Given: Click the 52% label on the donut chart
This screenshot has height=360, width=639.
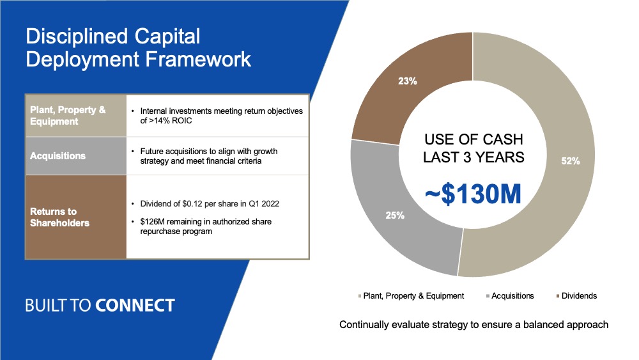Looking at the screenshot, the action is click(570, 161).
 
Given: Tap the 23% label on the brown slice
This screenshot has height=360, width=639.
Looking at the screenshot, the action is click(408, 81).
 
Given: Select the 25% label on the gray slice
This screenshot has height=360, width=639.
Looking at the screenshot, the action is click(395, 215).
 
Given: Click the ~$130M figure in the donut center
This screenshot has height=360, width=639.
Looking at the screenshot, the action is click(473, 194).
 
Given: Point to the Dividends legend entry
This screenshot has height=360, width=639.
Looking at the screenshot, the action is click(576, 296).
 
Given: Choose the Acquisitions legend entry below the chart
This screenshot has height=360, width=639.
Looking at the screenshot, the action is click(510, 296).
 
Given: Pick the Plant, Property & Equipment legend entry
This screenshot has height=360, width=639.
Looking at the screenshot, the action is click(411, 296).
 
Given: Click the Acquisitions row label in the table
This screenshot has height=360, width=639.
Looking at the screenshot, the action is click(58, 156).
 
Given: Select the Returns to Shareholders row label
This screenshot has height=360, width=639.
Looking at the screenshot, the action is click(59, 217).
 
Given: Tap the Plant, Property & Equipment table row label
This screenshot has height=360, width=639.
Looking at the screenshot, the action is click(68, 115).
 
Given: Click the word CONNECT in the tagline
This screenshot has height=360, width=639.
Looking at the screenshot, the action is click(135, 306).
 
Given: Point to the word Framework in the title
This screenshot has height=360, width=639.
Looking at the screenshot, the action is click(198, 59).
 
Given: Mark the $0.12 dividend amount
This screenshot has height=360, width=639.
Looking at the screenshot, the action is click(193, 204).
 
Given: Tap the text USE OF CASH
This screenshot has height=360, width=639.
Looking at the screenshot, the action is click(473, 139).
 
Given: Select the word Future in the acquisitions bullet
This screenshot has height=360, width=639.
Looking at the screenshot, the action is click(151, 152).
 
